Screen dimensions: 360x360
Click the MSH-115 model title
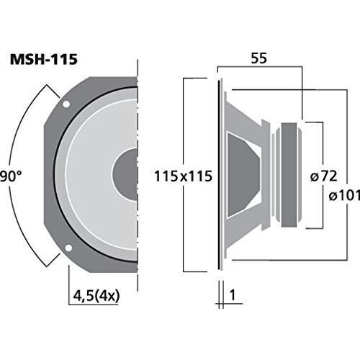44,59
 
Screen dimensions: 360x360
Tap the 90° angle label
11,176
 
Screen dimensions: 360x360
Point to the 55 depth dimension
258,58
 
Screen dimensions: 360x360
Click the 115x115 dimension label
183,176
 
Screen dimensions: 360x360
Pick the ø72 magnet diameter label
324,176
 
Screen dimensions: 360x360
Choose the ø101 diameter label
344,196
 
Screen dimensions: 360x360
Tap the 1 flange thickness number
233,295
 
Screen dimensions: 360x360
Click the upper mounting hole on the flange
66,104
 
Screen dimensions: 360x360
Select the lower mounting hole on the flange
68,248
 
